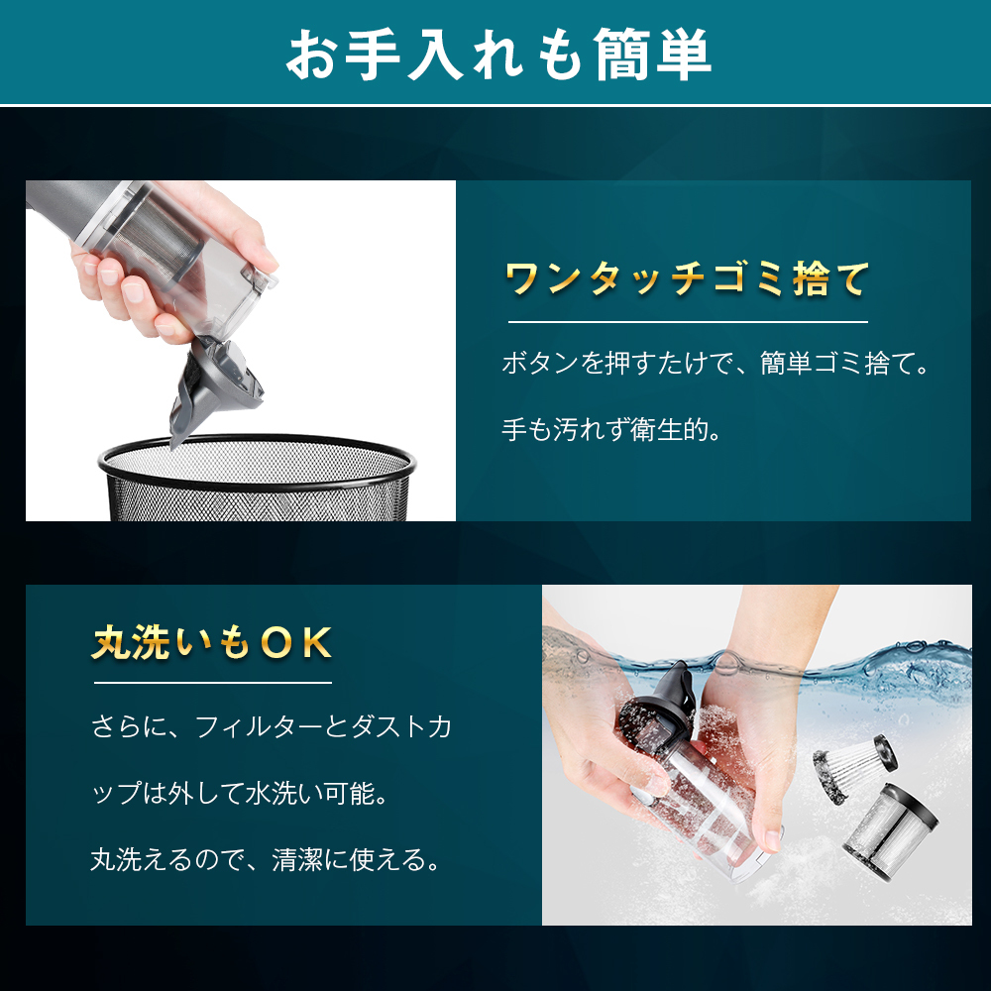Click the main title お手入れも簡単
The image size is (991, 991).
point(498,55)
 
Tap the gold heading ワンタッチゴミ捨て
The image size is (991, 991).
point(687,278)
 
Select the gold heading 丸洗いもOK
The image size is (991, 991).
point(212,643)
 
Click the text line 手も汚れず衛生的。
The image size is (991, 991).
point(611,430)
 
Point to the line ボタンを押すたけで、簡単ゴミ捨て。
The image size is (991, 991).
point(716,364)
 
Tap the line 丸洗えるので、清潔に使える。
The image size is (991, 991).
point(266,859)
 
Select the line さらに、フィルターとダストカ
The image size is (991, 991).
point(272,726)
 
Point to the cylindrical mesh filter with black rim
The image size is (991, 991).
point(891,831)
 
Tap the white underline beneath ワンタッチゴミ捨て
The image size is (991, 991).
point(688,322)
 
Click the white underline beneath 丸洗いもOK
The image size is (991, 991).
point(213,683)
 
